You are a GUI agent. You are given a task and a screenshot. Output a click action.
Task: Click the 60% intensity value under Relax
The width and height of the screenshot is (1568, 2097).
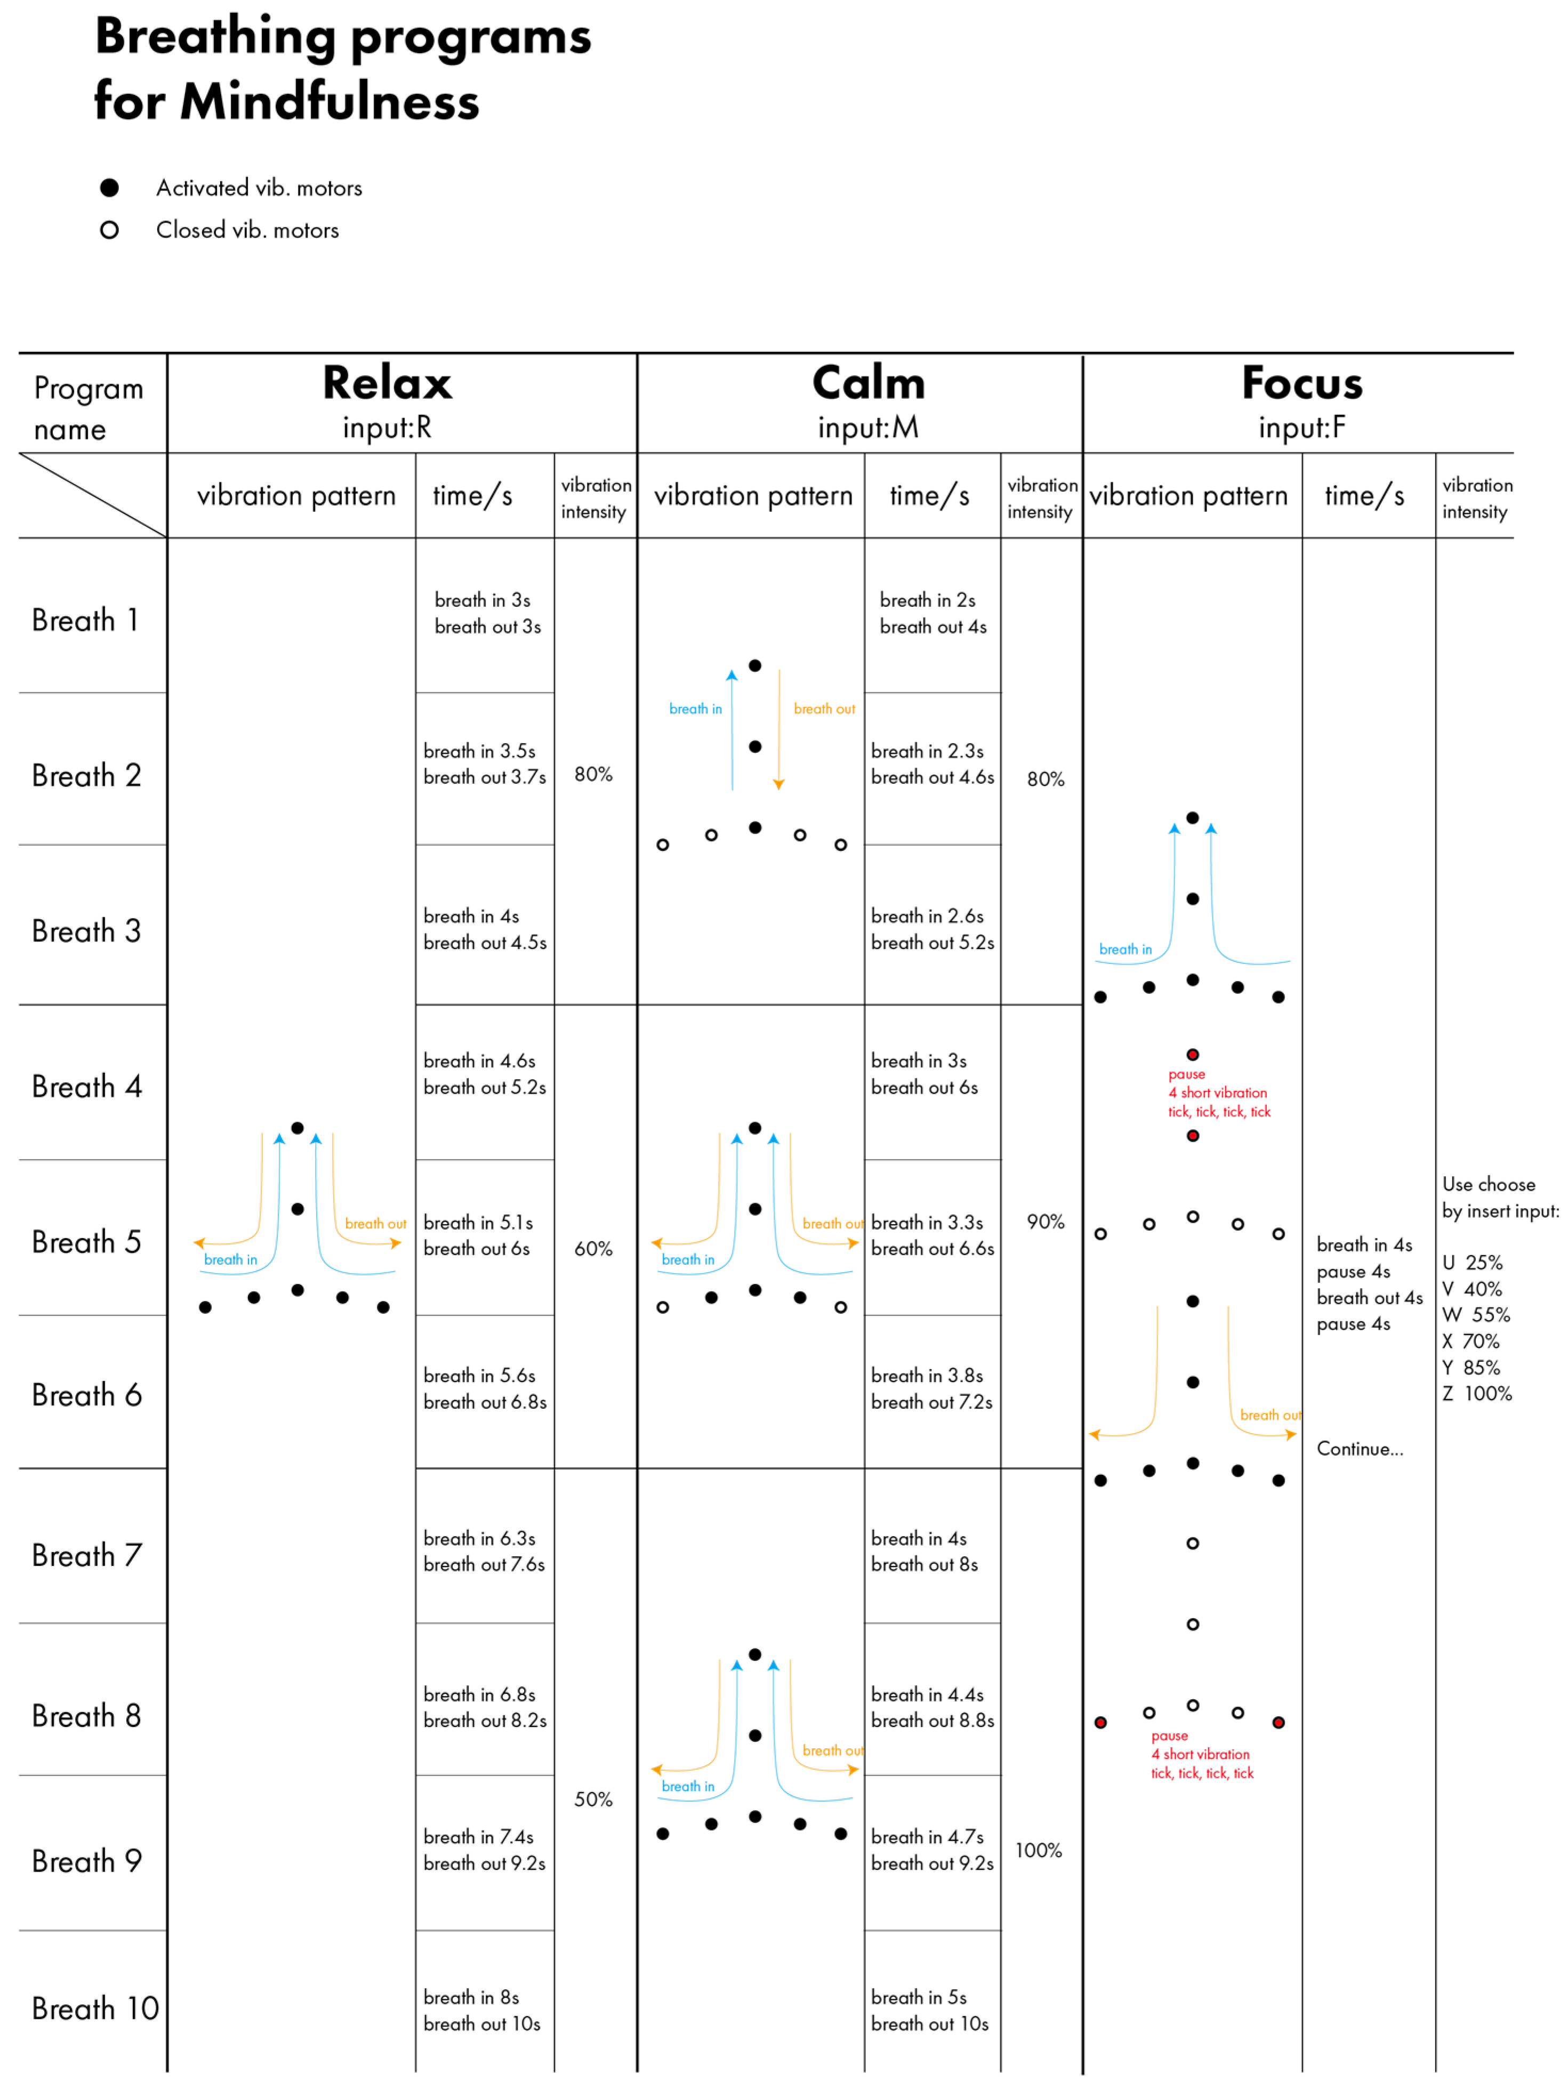(x=593, y=1249)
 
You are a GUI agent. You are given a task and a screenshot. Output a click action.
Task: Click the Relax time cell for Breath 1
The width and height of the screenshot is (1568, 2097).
(x=487, y=613)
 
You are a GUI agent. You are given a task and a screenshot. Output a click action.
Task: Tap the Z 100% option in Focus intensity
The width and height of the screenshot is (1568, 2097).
(x=1476, y=1394)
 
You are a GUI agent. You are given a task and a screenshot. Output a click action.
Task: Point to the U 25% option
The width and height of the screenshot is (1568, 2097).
(x=1472, y=1263)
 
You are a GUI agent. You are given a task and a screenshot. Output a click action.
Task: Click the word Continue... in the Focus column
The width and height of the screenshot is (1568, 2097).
(x=1360, y=1449)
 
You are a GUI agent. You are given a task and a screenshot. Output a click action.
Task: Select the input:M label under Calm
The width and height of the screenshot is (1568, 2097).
(x=867, y=428)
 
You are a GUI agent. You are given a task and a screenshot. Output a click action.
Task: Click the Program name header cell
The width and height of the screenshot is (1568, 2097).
(x=88, y=408)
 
